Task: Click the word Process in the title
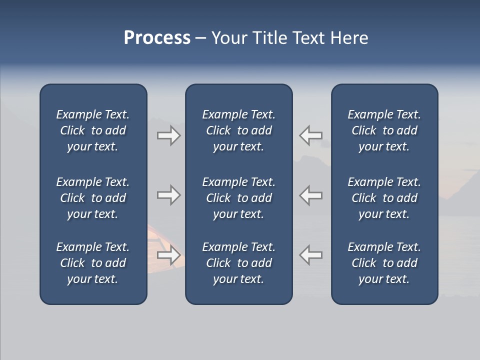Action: [x=157, y=38]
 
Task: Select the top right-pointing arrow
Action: [x=169, y=135]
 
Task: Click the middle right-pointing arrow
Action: [x=169, y=195]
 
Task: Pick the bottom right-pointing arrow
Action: [x=169, y=255]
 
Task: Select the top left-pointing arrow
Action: [x=311, y=135]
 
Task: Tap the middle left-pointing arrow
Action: [x=311, y=195]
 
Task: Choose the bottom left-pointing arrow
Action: [x=311, y=255]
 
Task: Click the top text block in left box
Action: [x=93, y=130]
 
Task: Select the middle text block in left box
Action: [x=93, y=198]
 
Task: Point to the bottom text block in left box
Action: [x=93, y=263]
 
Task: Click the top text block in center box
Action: [x=239, y=130]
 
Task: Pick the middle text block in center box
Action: [x=239, y=198]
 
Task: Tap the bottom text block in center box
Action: [x=239, y=263]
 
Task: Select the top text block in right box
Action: [x=384, y=130]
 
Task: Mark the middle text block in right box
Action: [x=384, y=198]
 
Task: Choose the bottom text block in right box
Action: [x=384, y=263]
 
